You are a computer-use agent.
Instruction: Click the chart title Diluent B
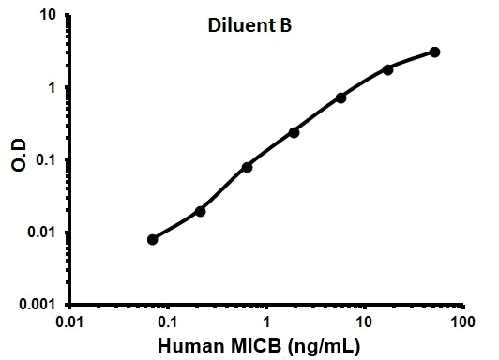click(249, 25)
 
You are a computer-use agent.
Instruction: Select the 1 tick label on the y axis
click(52, 88)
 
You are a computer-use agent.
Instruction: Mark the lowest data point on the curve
click(153, 239)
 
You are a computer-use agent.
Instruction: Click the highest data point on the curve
click(435, 52)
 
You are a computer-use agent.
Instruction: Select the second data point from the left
click(200, 211)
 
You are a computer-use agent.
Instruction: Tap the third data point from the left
click(247, 167)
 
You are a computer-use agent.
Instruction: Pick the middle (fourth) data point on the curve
click(294, 132)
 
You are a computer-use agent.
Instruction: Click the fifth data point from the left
click(340, 97)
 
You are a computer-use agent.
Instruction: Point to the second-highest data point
click(387, 69)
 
